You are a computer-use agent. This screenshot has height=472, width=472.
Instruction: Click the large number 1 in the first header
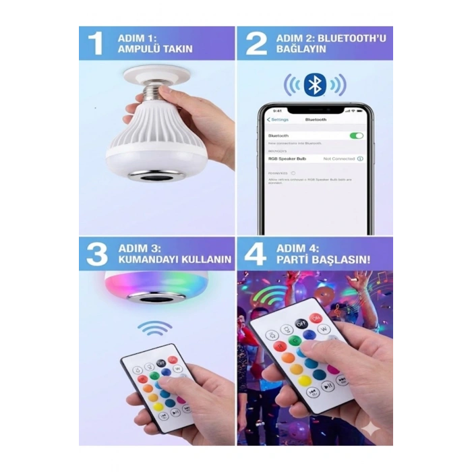tap(96, 42)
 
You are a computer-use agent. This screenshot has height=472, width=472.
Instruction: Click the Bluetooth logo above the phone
tap(314, 84)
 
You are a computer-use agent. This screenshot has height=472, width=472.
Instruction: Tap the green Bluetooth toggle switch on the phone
tap(356, 136)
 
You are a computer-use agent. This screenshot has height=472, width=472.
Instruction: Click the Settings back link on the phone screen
tap(278, 119)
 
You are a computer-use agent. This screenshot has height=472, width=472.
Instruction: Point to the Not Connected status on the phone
tap(339, 158)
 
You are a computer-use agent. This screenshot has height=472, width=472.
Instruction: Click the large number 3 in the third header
tap(97, 254)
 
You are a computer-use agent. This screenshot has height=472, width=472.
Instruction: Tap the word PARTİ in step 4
tap(293, 260)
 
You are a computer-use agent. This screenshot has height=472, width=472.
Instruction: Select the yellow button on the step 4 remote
tap(305, 381)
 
